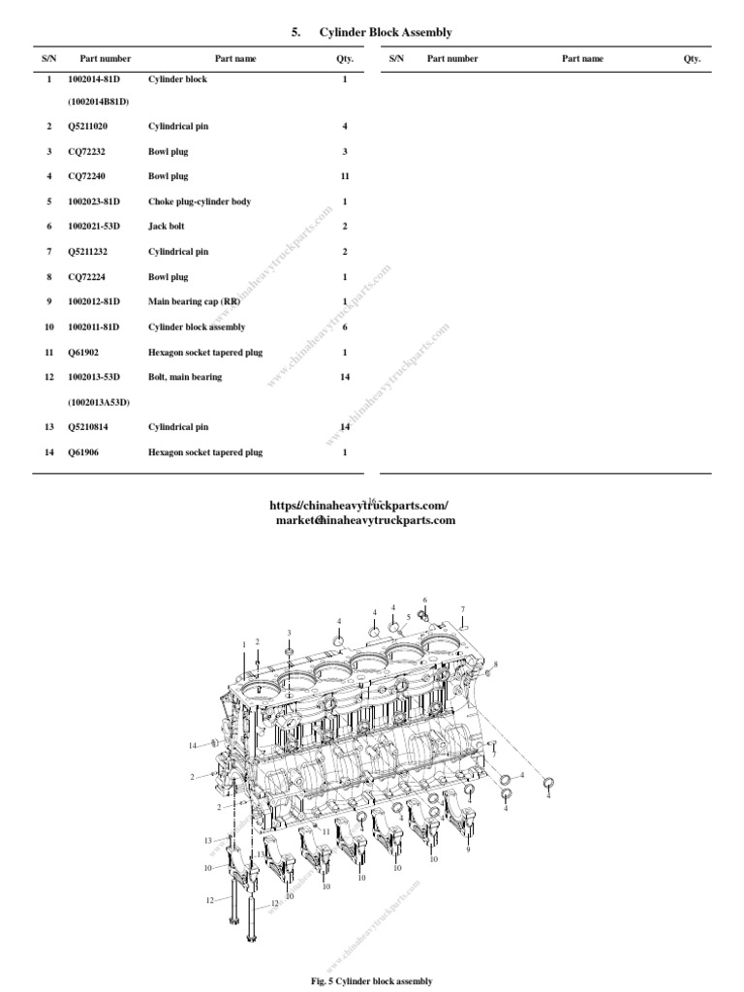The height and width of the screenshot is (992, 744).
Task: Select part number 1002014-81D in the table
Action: coord(93,79)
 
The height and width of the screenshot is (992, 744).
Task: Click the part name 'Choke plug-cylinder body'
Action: coord(199,201)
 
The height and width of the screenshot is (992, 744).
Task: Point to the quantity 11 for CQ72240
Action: coord(345,176)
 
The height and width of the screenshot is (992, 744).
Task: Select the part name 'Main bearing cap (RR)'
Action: coord(194,301)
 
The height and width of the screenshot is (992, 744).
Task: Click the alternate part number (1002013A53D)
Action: coord(99,401)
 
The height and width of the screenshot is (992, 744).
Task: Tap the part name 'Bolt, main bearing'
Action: coord(184,377)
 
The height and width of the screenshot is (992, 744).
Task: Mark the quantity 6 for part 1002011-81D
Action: coord(345,326)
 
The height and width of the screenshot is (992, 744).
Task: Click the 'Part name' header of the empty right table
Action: coord(582,59)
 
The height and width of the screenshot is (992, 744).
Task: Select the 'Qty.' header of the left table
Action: coord(345,59)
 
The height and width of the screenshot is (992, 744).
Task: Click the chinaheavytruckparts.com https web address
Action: coord(358,506)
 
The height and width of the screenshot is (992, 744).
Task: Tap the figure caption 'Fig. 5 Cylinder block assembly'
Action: coord(372,980)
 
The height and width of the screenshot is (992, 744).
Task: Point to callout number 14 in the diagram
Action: coord(193,745)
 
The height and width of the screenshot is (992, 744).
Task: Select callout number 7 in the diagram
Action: coord(463,609)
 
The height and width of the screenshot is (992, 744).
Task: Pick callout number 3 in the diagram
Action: coord(289,633)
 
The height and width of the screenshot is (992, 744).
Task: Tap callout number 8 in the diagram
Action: coord(495,664)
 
